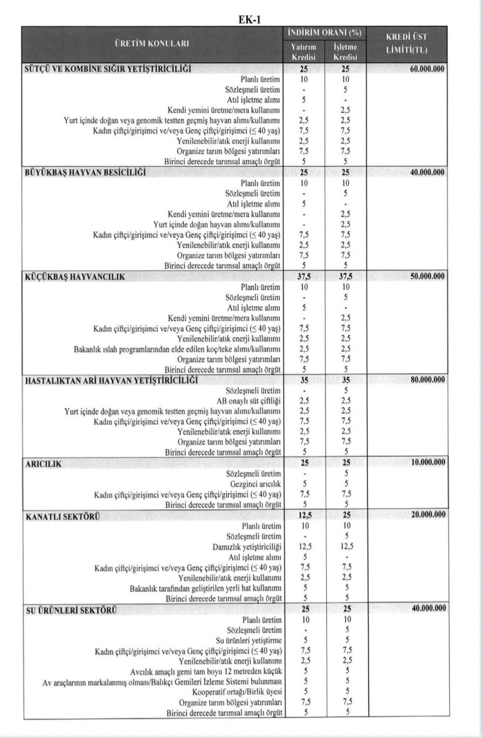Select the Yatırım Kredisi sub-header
pos(303,52)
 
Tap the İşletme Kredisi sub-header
pos(345,52)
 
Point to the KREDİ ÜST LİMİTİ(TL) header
pos(406,43)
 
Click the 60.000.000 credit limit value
pos(426,69)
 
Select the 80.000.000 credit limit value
pos(426,380)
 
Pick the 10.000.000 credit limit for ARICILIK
pos(426,462)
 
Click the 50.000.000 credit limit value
pos(426,276)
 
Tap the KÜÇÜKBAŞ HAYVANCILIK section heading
pos(74,277)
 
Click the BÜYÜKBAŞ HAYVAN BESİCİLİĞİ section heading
pos(86,173)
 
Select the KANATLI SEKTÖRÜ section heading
pos(63,515)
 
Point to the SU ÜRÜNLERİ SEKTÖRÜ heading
pos(71,609)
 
